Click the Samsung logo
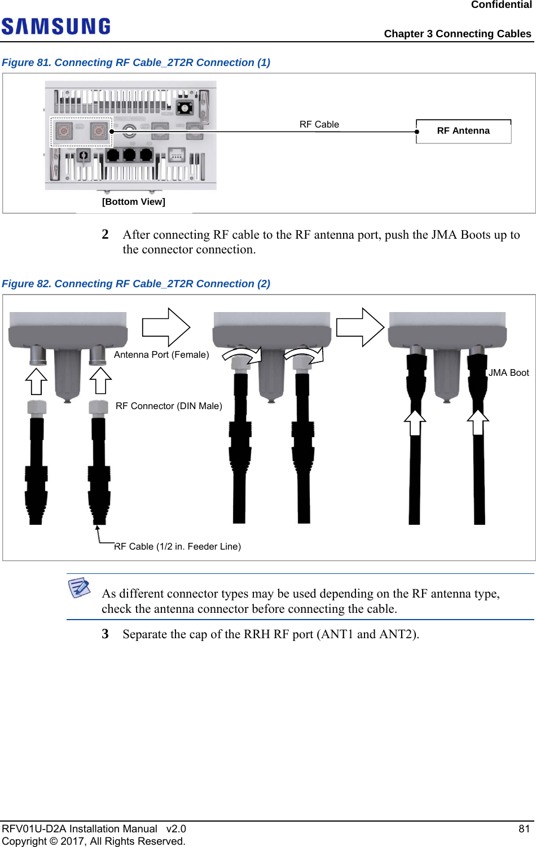pyautogui.click(x=56, y=27)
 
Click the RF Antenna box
pyautogui.click(x=463, y=131)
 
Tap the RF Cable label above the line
pyautogui.click(x=319, y=124)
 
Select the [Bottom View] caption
pyautogui.click(x=134, y=201)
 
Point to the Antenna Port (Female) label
pyautogui.click(x=161, y=354)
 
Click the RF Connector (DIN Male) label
pyautogui.click(x=169, y=406)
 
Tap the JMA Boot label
pyautogui.click(x=508, y=372)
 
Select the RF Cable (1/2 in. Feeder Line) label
pyautogui.click(x=177, y=546)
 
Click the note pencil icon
pyautogui.click(x=80, y=587)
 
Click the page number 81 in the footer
pyautogui.click(x=524, y=828)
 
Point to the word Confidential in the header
pyautogui.click(x=501, y=5)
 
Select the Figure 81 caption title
pyautogui.click(x=136, y=63)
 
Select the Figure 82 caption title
pyautogui.click(x=136, y=284)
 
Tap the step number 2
pyautogui.click(x=105, y=235)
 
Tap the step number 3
pyautogui.click(x=105, y=634)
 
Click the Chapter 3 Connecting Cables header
pyautogui.click(x=457, y=34)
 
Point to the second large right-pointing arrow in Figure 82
pyautogui.click(x=361, y=327)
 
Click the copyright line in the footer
pyautogui.click(x=94, y=841)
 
